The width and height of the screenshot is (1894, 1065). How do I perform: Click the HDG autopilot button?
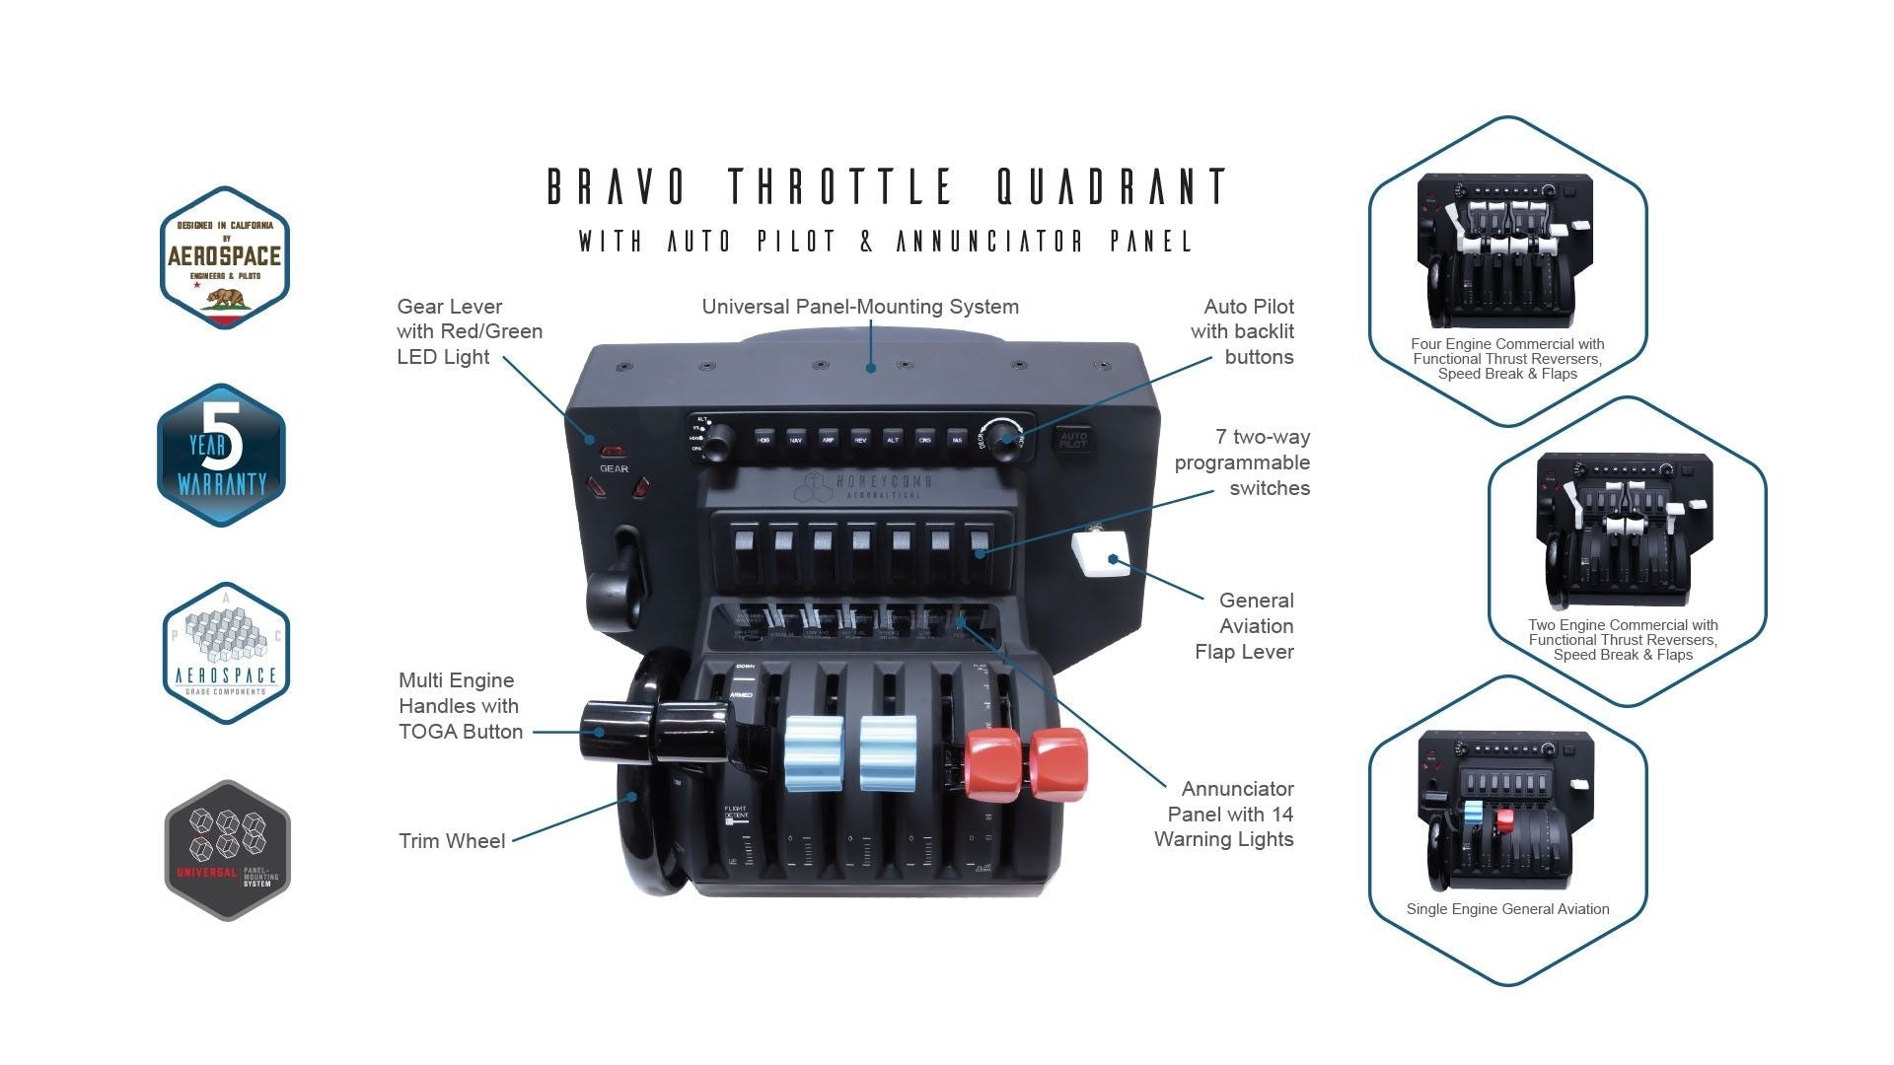click(x=764, y=440)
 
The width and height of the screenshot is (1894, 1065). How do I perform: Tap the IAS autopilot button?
click(x=957, y=440)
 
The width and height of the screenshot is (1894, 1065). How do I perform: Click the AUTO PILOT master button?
click(x=1073, y=440)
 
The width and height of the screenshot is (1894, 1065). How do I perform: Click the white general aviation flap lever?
click(x=1103, y=553)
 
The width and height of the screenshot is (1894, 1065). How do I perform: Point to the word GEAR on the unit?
click(x=614, y=469)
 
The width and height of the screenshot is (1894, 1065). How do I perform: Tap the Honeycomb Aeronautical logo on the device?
click(x=863, y=484)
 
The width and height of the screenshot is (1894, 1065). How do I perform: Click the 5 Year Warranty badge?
click(x=222, y=456)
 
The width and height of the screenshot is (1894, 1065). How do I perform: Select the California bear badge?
click(x=224, y=257)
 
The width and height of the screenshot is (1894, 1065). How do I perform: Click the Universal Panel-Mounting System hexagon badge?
click(x=227, y=850)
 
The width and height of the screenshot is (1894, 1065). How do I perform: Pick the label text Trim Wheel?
click(x=452, y=841)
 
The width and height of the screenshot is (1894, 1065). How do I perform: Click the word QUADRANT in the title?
click(x=1112, y=186)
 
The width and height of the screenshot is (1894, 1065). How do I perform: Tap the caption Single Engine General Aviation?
click(x=1507, y=909)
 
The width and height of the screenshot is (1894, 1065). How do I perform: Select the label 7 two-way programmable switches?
click(x=1242, y=462)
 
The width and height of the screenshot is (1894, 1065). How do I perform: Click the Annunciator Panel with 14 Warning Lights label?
click(x=1224, y=814)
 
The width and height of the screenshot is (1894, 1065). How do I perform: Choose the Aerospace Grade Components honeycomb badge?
click(x=226, y=653)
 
